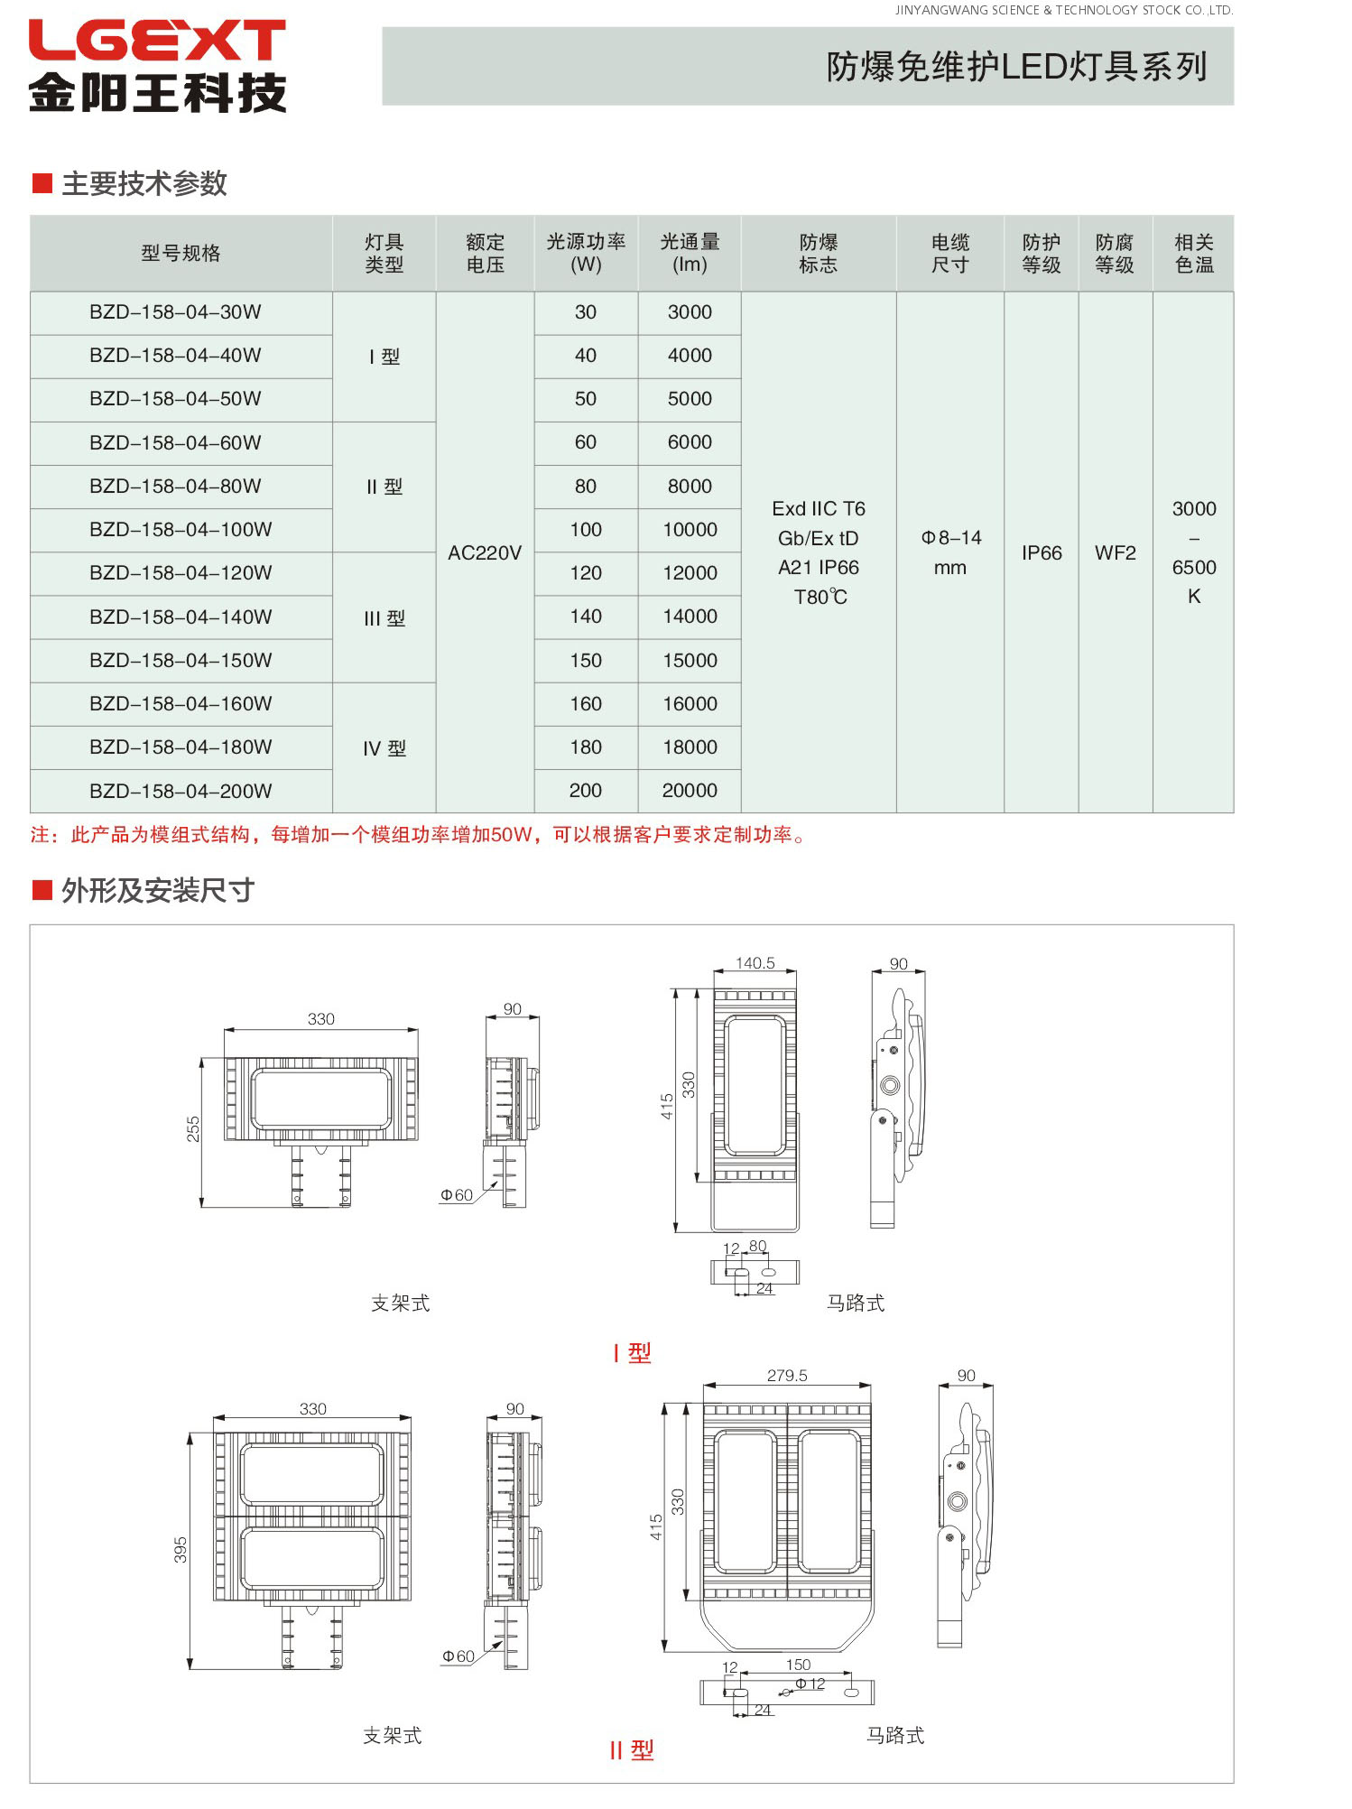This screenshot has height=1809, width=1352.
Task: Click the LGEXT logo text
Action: pos(157,41)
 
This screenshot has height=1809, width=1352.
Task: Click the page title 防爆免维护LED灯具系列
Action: pos(1016,67)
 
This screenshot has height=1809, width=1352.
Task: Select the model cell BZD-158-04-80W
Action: pos(175,487)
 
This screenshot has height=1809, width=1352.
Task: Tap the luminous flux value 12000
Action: pos(690,573)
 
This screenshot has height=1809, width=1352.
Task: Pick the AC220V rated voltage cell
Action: pos(485,552)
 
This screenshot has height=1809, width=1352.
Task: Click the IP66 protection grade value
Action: pos(1042,552)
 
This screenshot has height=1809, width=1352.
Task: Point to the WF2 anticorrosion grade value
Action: pos(1116,552)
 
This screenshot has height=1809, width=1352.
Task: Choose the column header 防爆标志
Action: pos(818,254)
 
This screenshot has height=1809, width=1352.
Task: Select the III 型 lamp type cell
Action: pos(384,618)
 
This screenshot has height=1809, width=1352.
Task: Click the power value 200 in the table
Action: pos(586,791)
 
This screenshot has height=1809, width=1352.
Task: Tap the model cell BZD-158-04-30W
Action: pos(175,312)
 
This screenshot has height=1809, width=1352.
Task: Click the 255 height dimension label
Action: pos(193,1128)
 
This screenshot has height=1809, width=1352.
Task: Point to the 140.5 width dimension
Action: pos(755,963)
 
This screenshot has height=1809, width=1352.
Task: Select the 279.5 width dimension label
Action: pos(787,1376)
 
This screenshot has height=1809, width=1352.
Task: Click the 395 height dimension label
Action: pos(181,1550)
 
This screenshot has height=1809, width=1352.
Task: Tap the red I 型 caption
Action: pos(632,1352)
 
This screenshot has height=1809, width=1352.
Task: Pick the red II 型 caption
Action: pos(631,1750)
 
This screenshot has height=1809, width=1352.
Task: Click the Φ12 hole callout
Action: pos(810,1684)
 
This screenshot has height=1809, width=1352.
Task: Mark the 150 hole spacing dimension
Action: pos(798,1665)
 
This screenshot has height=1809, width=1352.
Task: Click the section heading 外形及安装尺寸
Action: pos(157,891)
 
